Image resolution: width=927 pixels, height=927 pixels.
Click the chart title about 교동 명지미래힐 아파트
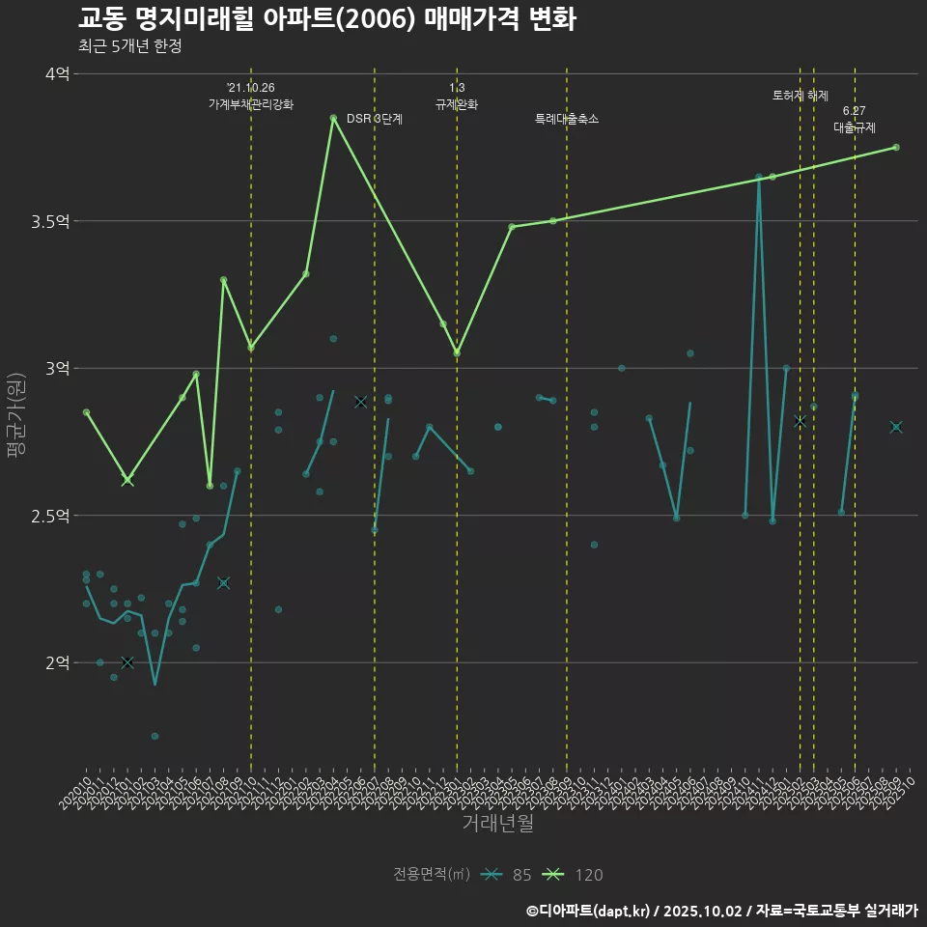tap(326, 19)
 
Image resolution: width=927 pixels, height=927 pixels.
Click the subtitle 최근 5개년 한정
tap(129, 46)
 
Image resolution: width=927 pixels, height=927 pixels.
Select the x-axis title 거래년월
tap(497, 824)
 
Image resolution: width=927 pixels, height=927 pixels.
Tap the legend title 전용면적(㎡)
tap(432, 875)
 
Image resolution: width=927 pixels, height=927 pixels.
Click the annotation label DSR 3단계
tap(375, 119)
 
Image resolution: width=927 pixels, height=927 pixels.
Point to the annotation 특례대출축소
tap(567, 119)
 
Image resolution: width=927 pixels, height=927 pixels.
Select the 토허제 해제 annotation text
tap(801, 96)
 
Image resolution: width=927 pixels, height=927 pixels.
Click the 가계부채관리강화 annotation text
tap(251, 103)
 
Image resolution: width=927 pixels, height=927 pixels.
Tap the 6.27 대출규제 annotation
tap(855, 119)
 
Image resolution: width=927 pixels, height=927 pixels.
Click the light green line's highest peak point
tap(333, 118)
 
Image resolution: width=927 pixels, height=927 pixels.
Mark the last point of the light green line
tap(896, 147)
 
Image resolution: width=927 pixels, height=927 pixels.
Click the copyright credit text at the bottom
tap(721, 911)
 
